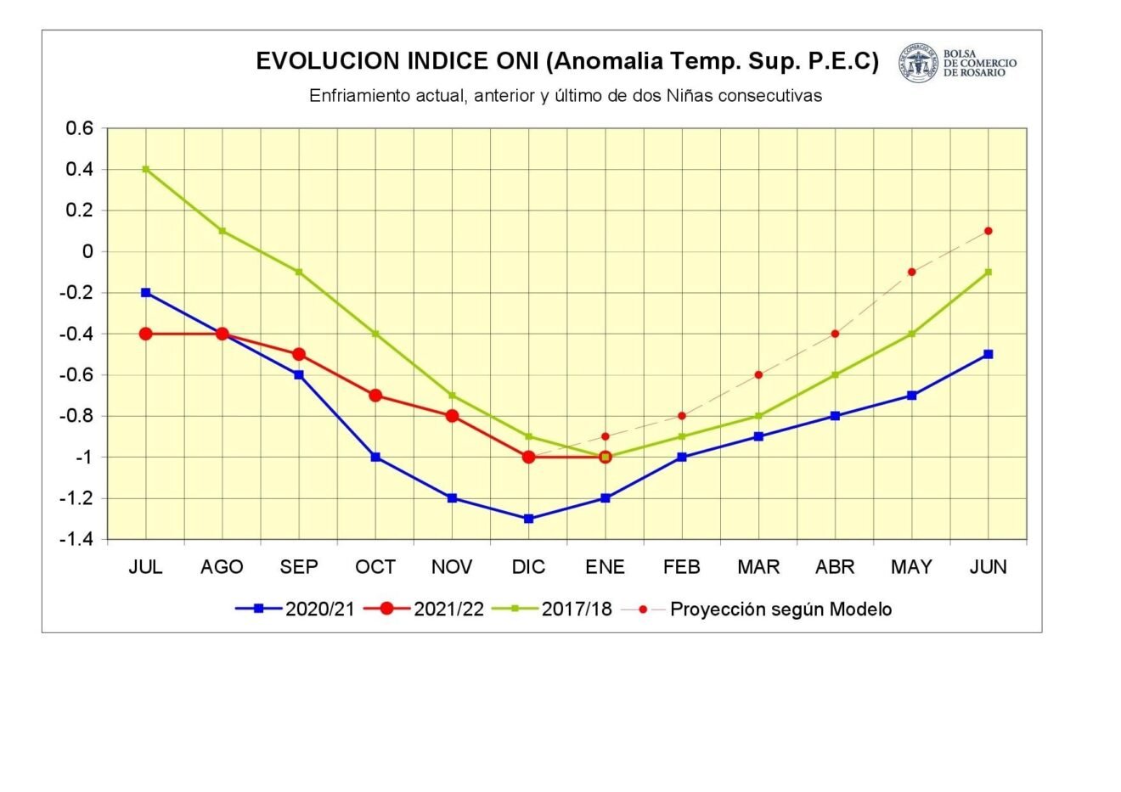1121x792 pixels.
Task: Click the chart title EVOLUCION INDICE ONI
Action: [567, 62]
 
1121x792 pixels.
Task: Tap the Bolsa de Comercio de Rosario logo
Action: [957, 64]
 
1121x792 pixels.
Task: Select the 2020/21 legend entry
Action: [296, 609]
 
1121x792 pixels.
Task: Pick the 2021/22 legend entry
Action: [425, 609]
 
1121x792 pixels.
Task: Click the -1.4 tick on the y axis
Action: [76, 539]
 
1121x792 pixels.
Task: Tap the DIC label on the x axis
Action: [528, 567]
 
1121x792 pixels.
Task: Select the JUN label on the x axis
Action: [988, 567]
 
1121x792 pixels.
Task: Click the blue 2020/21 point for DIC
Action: [528, 519]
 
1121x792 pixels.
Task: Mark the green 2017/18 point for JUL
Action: [146, 169]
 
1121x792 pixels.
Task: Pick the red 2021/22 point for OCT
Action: [375, 396]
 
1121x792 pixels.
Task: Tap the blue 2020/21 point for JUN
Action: [988, 354]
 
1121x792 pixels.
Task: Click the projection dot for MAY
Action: [911, 272]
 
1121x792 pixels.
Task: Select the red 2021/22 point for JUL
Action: [146, 334]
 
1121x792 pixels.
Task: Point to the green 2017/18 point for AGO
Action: [223, 231]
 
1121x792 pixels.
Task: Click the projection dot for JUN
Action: [988, 231]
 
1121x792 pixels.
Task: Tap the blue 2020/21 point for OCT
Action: [375, 457]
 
